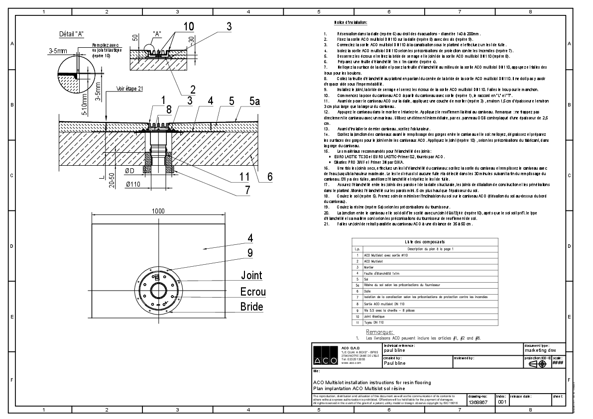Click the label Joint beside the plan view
coord(251,275)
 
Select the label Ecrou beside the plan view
coord(253,292)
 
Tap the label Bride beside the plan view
coord(252,307)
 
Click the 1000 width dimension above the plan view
coord(158,211)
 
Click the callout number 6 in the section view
coord(270,176)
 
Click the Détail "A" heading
coord(71,34)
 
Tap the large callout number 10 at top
coord(174,27)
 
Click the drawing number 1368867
coord(478,402)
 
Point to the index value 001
coord(502,402)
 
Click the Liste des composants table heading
coord(425,241)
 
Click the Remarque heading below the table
coord(379,332)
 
